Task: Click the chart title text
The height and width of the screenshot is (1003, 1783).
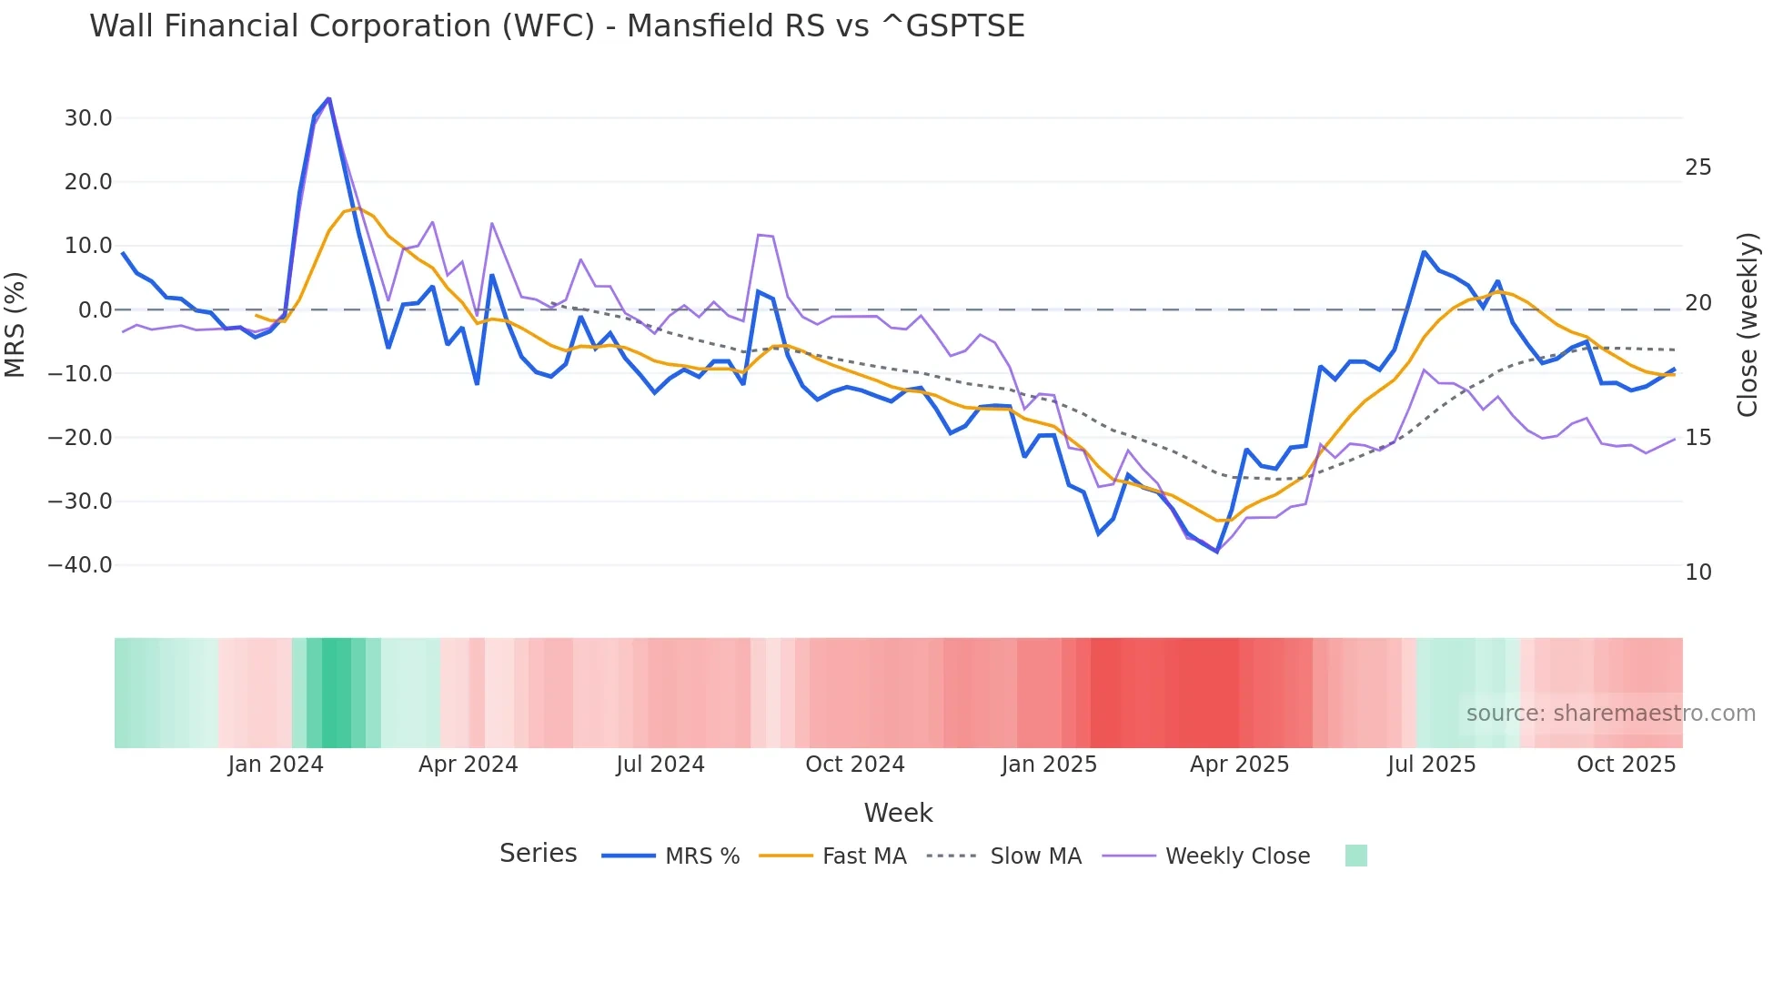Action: [x=557, y=26]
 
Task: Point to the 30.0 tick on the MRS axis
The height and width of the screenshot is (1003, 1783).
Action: [x=88, y=118]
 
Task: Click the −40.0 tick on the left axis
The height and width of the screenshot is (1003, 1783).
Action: [x=80, y=565]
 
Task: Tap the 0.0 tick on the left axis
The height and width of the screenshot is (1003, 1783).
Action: [x=95, y=310]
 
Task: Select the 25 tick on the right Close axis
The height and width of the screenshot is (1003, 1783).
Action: [x=1698, y=167]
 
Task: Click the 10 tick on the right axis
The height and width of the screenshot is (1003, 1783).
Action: [x=1698, y=572]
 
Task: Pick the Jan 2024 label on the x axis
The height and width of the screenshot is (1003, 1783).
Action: [x=276, y=765]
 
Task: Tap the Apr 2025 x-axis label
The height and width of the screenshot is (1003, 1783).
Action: [x=1239, y=765]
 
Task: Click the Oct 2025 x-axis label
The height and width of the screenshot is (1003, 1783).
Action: [x=1626, y=765]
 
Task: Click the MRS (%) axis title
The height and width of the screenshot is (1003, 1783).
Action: [x=15, y=324]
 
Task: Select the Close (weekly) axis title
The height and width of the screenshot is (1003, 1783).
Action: [x=1748, y=325]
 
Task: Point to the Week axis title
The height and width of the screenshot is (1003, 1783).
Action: [x=898, y=813]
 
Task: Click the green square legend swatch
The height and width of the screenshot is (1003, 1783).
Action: [x=1355, y=856]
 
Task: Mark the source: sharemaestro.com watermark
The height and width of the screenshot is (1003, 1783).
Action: [x=1610, y=714]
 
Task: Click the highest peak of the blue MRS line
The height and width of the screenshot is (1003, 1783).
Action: [x=328, y=98]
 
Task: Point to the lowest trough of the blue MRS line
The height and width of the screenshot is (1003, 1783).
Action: [x=1216, y=552]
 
